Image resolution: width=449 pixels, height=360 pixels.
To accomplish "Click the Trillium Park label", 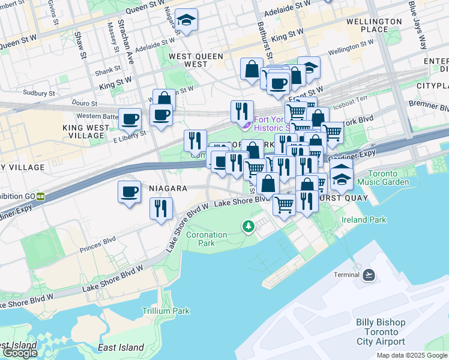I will (x=166, y=311).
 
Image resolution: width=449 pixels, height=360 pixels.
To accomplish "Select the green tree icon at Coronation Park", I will (x=247, y=226).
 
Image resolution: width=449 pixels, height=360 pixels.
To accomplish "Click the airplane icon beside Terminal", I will (x=369, y=275).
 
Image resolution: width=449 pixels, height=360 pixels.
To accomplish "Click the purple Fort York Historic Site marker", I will (x=245, y=125).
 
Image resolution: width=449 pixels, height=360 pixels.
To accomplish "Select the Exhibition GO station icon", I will (x=40, y=196).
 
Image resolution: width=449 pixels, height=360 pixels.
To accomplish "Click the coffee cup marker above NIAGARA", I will (x=129, y=192).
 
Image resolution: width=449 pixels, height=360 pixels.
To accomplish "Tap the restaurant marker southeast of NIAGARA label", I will (x=161, y=208).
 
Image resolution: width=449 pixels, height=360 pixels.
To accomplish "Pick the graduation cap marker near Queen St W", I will (x=187, y=20).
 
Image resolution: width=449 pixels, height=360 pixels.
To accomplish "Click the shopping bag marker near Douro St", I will (x=164, y=98).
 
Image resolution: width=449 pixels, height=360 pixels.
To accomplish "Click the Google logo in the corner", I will (x=20, y=353).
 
